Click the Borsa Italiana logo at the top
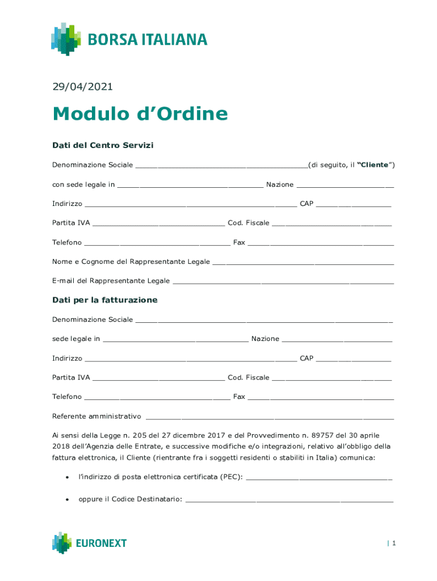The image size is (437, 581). click(x=129, y=39)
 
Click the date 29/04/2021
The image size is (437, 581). click(x=82, y=87)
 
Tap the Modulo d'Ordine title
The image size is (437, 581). click(x=140, y=114)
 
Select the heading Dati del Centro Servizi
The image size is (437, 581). click(x=103, y=145)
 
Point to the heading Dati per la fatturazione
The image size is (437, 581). click(x=105, y=300)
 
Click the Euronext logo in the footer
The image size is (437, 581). click(x=90, y=543)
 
